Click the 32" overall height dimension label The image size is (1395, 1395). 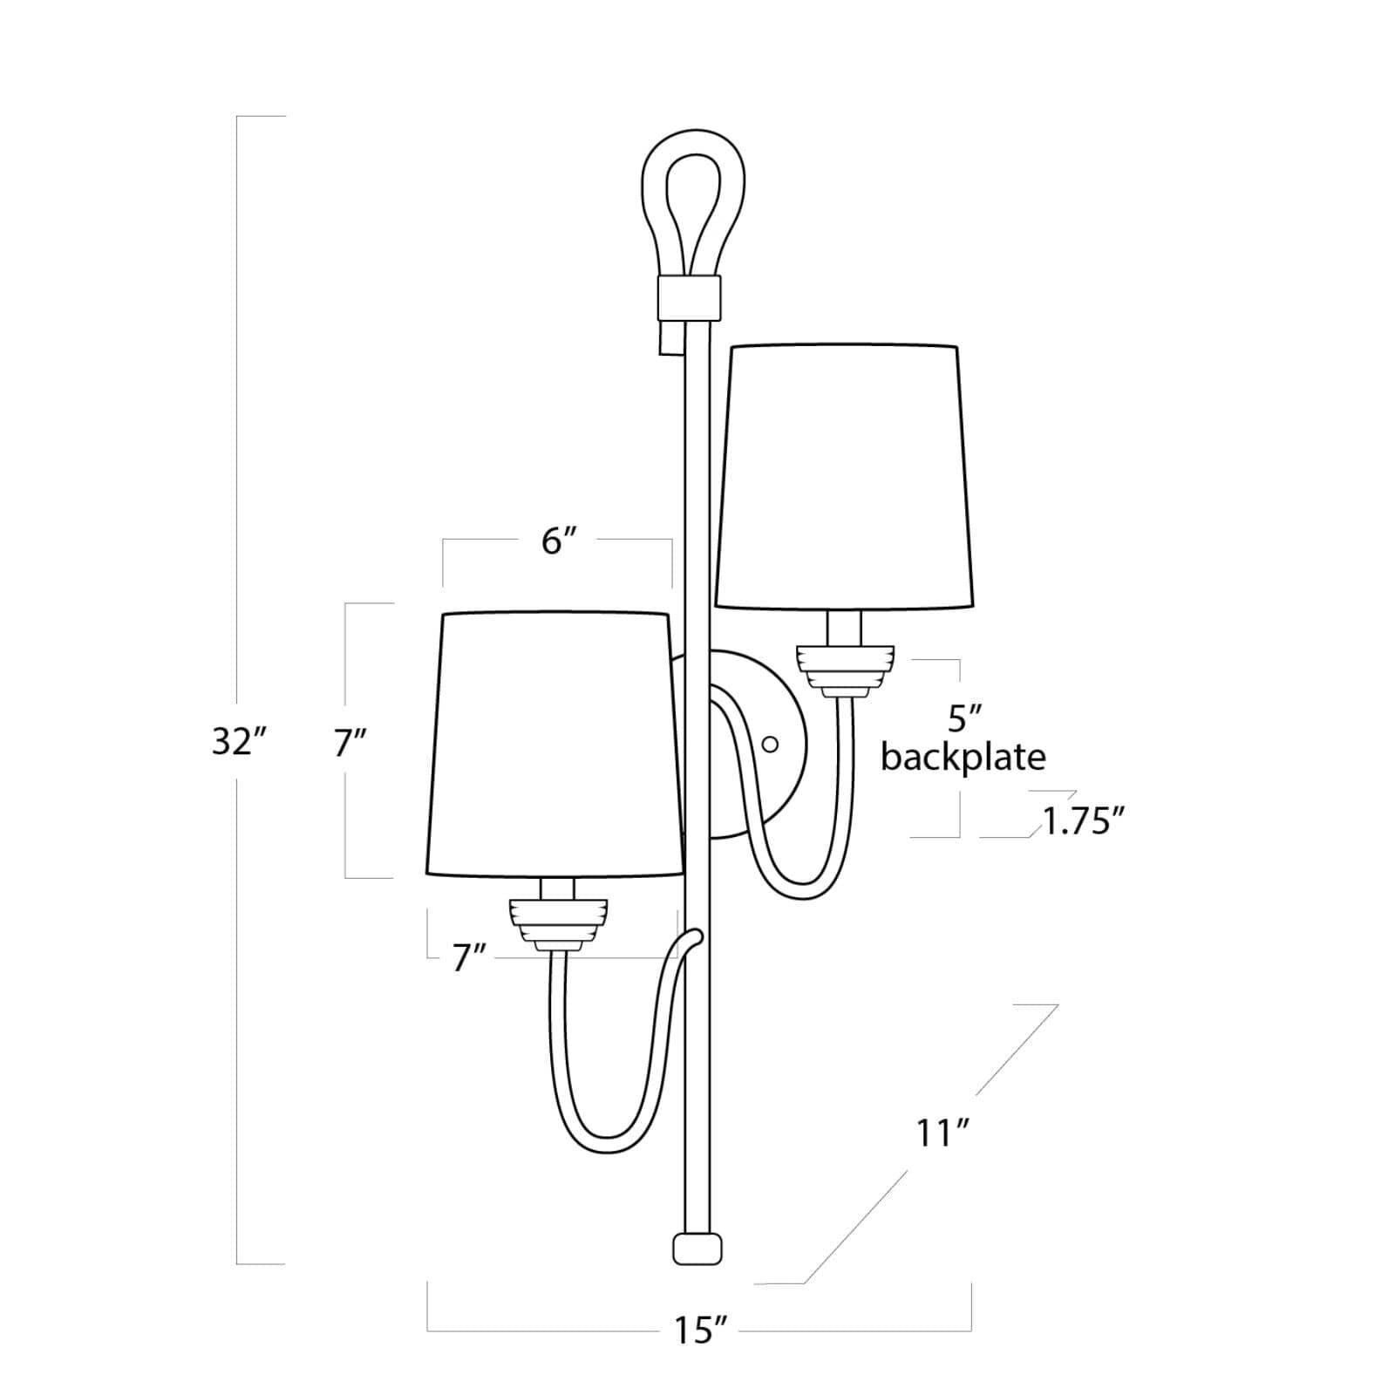click(x=237, y=742)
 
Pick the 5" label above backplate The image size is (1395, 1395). click(x=964, y=718)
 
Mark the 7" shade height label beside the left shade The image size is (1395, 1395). click(x=350, y=743)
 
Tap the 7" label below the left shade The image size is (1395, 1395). click(x=467, y=958)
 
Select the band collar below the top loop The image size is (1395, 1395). click(x=689, y=296)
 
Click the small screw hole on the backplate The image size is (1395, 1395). click(x=770, y=744)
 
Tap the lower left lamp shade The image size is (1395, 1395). click(x=555, y=744)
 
